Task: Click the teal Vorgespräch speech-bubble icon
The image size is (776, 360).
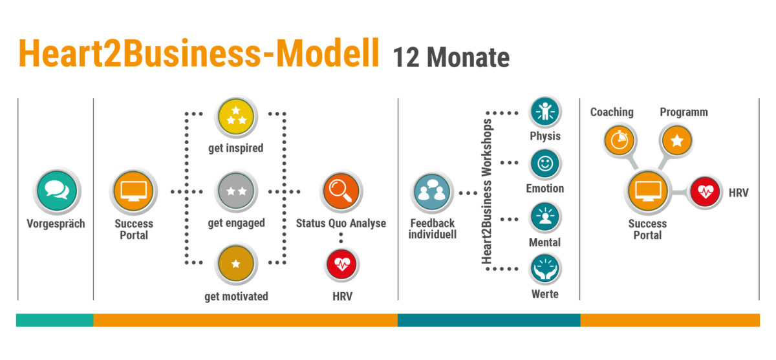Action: pyautogui.click(x=57, y=191)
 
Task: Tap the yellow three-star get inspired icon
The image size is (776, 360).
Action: pyautogui.click(x=236, y=116)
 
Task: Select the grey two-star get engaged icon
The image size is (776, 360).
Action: pyautogui.click(x=236, y=191)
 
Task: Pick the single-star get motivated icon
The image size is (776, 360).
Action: pyautogui.click(x=236, y=264)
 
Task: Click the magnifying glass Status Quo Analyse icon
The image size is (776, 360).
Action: pyautogui.click(x=341, y=191)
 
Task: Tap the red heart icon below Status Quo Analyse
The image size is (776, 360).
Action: pyautogui.click(x=342, y=265)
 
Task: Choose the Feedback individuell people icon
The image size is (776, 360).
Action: pyautogui.click(x=432, y=192)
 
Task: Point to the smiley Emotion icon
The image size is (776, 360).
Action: pyautogui.click(x=545, y=164)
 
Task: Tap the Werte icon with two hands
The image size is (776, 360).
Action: pyautogui.click(x=545, y=270)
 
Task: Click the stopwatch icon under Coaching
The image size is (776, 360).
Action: pyautogui.click(x=620, y=140)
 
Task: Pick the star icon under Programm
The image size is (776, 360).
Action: pyautogui.click(x=676, y=140)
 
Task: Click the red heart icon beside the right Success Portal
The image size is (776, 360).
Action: pyautogui.click(x=706, y=192)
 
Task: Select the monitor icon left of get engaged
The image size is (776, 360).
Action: pyautogui.click(x=133, y=191)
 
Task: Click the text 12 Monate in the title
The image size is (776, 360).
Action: pyautogui.click(x=451, y=58)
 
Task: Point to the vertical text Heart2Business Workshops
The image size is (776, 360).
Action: pyautogui.click(x=486, y=191)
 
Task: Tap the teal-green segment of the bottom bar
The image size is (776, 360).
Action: pyautogui.click(x=55, y=320)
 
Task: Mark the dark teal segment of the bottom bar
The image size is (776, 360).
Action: pyautogui.click(x=489, y=320)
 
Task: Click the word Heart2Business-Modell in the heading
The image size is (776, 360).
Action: pyautogui.click(x=199, y=53)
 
